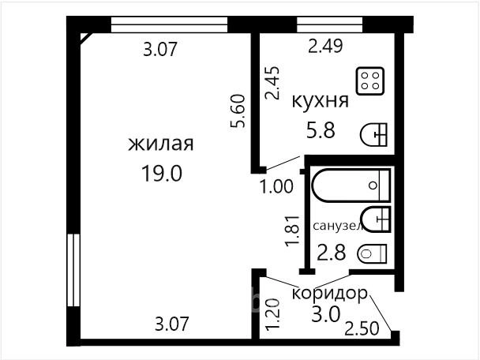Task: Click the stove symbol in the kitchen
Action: [x=370, y=81]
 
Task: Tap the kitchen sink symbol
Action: [x=373, y=135]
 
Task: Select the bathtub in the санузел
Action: [x=351, y=186]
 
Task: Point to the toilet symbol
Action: [x=372, y=253]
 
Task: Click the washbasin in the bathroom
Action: [x=376, y=219]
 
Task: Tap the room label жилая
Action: [x=161, y=144]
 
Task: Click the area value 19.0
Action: [x=162, y=173]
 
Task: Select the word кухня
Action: [x=321, y=101]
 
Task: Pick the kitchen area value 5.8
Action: [x=321, y=129]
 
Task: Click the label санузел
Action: [x=338, y=226]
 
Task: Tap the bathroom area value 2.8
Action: [x=332, y=253]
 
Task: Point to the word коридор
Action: [x=329, y=293]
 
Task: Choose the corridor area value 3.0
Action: [x=326, y=314]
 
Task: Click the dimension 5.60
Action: [x=238, y=111]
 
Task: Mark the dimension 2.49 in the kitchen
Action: [x=325, y=47]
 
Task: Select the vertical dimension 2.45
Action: [x=272, y=83]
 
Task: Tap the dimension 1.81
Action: [x=292, y=231]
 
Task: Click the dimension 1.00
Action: [x=276, y=186]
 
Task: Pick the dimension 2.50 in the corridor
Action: [x=362, y=328]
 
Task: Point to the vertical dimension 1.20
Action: [x=272, y=314]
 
